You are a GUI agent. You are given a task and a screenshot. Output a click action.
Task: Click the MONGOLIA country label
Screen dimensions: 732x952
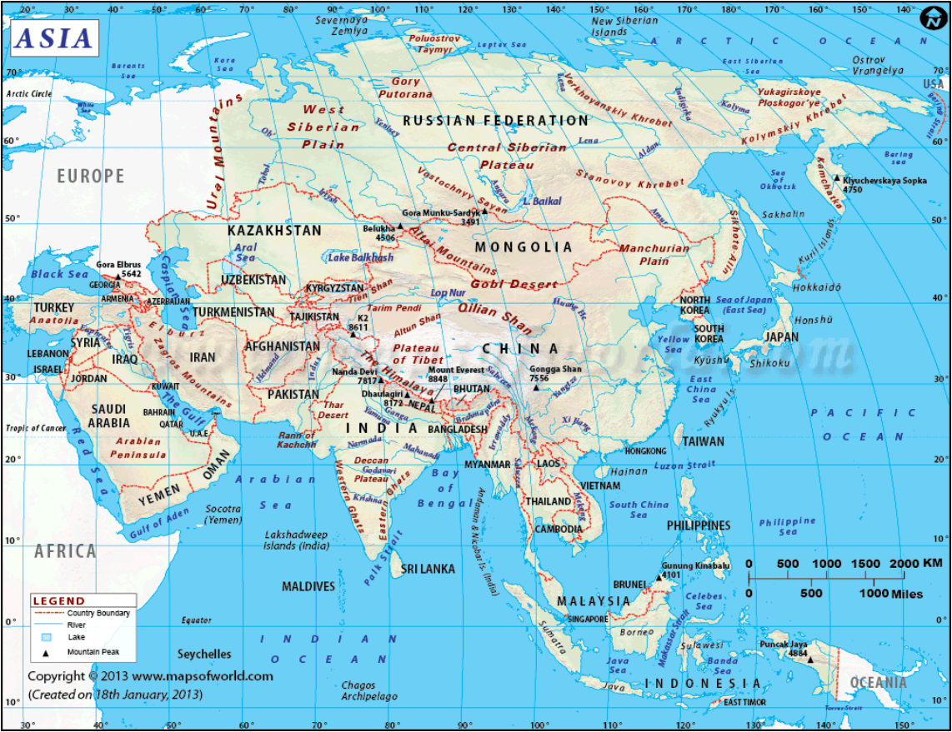[x=524, y=247]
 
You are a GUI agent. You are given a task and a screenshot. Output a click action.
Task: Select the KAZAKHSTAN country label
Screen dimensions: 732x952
[x=274, y=231]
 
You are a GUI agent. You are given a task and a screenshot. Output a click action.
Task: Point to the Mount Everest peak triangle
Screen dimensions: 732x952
[x=432, y=401]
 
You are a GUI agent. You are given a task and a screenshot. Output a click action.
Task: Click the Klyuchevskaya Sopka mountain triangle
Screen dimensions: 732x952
[x=837, y=177]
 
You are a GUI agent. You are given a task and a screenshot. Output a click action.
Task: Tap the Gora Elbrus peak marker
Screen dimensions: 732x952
[x=117, y=277]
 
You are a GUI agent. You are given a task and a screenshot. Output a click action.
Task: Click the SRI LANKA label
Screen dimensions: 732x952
[x=428, y=569]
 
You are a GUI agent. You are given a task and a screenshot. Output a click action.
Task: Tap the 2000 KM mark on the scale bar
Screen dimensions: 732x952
[x=904, y=564]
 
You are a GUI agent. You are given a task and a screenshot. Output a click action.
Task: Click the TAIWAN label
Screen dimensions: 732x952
[x=704, y=441]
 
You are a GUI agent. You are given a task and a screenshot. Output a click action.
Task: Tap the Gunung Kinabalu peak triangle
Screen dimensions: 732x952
[x=659, y=576]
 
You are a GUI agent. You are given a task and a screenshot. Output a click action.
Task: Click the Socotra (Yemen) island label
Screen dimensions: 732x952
[x=223, y=514]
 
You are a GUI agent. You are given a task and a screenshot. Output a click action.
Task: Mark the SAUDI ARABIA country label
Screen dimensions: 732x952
[x=109, y=416]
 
